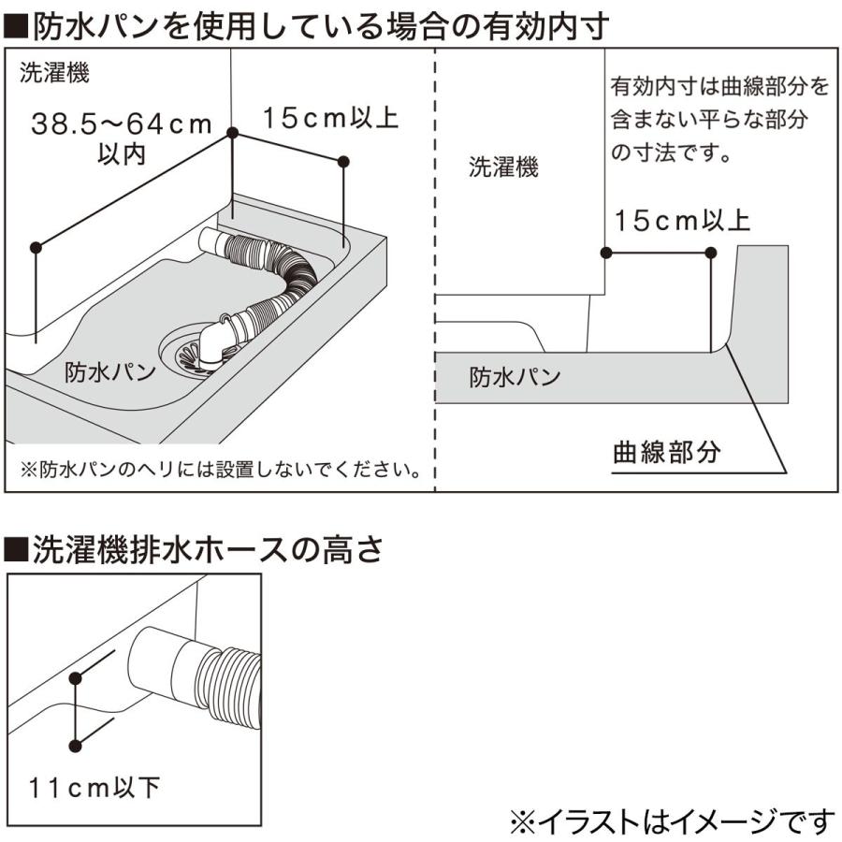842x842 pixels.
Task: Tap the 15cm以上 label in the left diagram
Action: coord(330,118)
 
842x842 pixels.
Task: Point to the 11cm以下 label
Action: coord(92,787)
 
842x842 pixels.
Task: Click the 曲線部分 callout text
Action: coord(666,453)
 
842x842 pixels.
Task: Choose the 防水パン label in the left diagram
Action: coord(109,372)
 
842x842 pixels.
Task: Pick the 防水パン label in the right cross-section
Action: coord(515,377)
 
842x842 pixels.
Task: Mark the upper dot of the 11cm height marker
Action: coord(75,675)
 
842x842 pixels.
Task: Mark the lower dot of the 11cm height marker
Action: coord(75,745)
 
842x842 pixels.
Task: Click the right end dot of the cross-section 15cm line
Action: coord(711,253)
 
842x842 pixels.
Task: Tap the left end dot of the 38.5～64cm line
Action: coord(36,247)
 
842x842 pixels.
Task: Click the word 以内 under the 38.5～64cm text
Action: coord(122,153)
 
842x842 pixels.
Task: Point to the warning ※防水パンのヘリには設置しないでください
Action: coord(220,468)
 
